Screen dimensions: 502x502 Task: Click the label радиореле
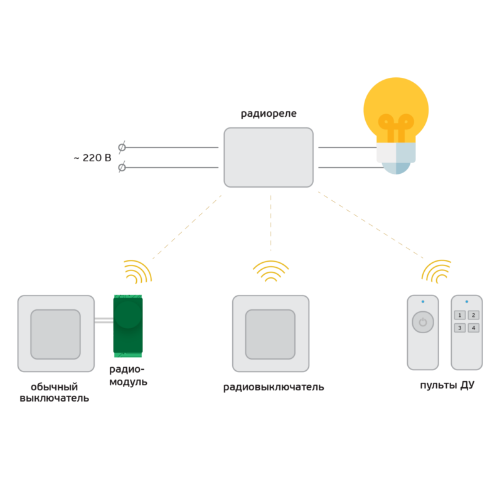point(269,114)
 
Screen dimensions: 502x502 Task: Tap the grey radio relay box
point(269,157)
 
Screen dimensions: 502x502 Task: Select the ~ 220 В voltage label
point(92,158)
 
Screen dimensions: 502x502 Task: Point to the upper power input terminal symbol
point(122,147)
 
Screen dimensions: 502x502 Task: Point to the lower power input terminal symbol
point(122,168)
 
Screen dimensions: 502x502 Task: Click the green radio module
point(127,324)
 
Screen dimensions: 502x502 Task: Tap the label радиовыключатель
point(274,387)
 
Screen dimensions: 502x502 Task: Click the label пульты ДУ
point(447,385)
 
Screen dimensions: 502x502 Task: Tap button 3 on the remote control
point(459,328)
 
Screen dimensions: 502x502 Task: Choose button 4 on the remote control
point(474,328)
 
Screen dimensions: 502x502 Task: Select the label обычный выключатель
point(54,392)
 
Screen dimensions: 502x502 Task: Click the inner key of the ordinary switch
point(56,334)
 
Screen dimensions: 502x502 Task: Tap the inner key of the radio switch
point(270,334)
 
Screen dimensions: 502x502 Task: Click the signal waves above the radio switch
point(270,270)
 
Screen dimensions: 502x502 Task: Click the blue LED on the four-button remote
point(467,302)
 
